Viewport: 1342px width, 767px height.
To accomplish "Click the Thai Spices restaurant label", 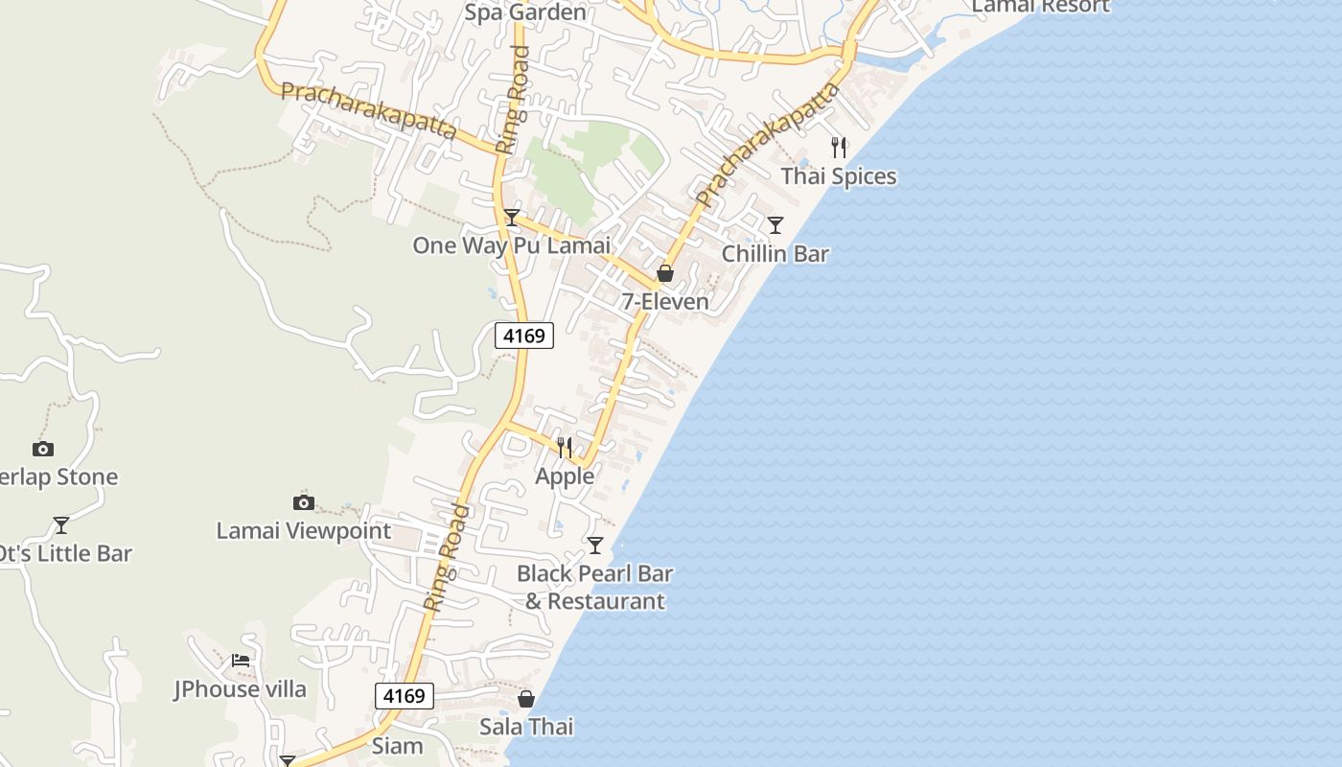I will pyautogui.click(x=839, y=176).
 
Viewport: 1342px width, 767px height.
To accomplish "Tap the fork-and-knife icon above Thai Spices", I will pyautogui.click(x=839, y=148).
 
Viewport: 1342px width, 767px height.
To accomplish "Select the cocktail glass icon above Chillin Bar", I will pyautogui.click(x=775, y=225).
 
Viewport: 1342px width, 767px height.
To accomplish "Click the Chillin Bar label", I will pyautogui.click(x=775, y=254).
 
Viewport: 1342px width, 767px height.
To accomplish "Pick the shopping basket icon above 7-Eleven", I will pyautogui.click(x=665, y=274).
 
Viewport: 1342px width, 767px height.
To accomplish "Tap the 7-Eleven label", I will pyautogui.click(x=665, y=302).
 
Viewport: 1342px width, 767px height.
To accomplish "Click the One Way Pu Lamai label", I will pyautogui.click(x=511, y=245).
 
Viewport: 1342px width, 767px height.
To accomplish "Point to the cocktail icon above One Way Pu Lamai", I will pyautogui.click(x=512, y=218).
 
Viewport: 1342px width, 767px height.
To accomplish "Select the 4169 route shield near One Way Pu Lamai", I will pyautogui.click(x=524, y=336).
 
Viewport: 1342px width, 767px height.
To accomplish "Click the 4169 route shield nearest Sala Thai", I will pyautogui.click(x=404, y=696).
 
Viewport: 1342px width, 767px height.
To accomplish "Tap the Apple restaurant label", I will pyautogui.click(x=565, y=476).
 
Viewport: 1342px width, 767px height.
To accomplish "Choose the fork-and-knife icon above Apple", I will pyautogui.click(x=565, y=448).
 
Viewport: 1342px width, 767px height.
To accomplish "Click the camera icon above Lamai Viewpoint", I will pyautogui.click(x=304, y=502).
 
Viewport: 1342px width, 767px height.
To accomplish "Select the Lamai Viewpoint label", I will pyautogui.click(x=303, y=531).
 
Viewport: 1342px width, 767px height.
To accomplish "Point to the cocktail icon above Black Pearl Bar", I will pyautogui.click(x=595, y=546).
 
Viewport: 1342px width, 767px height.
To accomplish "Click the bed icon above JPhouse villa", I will pyautogui.click(x=241, y=661).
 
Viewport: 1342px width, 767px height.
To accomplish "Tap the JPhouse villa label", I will pyautogui.click(x=240, y=689).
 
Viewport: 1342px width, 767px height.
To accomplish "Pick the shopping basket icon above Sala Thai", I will pyautogui.click(x=526, y=699).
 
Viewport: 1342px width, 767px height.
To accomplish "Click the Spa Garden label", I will pyautogui.click(x=524, y=12).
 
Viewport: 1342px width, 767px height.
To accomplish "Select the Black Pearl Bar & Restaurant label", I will pyautogui.click(x=594, y=588).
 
